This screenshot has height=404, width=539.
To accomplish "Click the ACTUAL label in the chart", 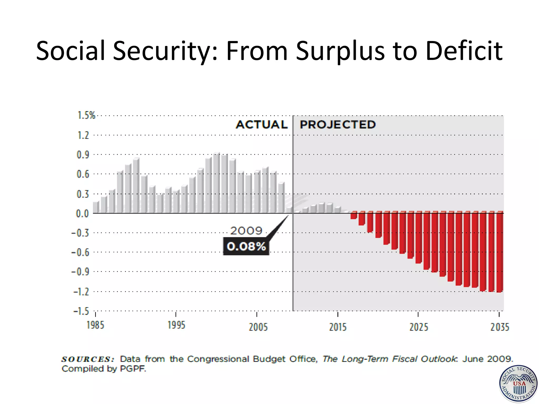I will (x=262, y=125).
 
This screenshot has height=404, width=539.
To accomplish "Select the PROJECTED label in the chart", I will (x=338, y=125).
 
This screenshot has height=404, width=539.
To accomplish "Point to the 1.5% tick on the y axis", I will (x=86, y=115).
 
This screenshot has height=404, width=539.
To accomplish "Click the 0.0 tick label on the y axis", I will (x=82, y=214).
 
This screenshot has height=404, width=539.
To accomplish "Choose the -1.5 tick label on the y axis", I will (x=81, y=311).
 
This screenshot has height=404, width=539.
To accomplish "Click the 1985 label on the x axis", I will (x=95, y=325).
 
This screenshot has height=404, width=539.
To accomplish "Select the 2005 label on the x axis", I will (x=258, y=327).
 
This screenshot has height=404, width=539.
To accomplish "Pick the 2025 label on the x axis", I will (x=418, y=327).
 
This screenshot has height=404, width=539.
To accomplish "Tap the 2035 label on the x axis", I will (x=500, y=327).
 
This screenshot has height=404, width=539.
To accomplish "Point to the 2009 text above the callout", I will (x=246, y=231).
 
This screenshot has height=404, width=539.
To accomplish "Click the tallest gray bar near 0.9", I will (x=217, y=183).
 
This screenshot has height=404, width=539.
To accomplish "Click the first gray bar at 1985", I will (x=96, y=207).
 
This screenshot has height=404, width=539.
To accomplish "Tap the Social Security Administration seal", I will (x=518, y=384).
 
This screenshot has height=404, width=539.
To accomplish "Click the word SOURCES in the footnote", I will (x=88, y=359).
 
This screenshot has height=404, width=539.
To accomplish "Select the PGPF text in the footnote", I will (x=133, y=369).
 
